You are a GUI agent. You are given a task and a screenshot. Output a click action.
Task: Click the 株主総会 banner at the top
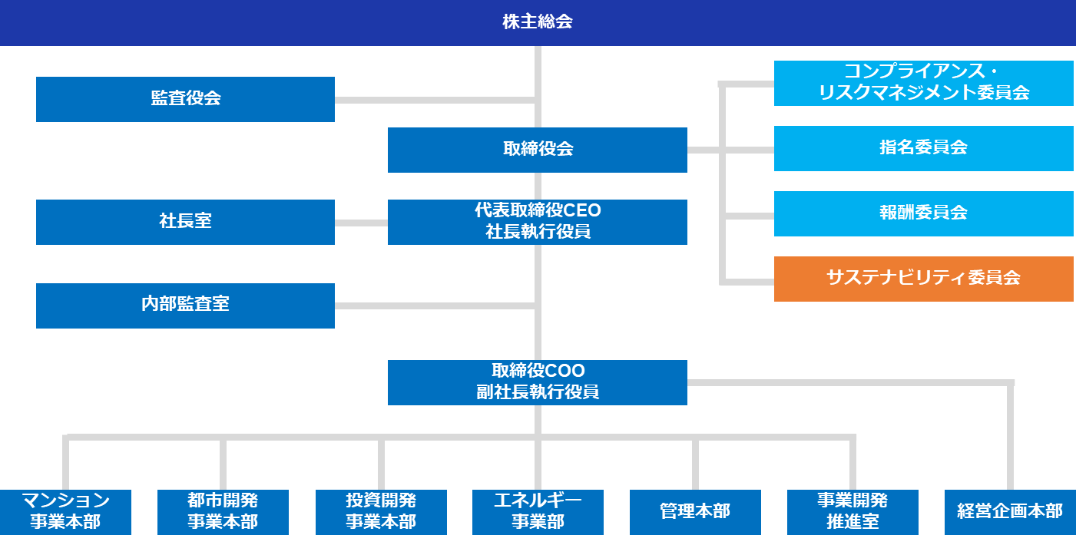(538, 22)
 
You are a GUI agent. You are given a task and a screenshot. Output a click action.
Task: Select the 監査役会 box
(185, 99)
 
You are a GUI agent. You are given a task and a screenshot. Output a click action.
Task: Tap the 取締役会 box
(538, 150)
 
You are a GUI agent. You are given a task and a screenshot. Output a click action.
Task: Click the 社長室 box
(185, 222)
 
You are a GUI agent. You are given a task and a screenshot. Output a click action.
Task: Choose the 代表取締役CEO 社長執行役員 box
(538, 222)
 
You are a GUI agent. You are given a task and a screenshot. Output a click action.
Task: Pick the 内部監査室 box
(185, 306)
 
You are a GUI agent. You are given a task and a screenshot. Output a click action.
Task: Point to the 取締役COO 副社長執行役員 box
(538, 382)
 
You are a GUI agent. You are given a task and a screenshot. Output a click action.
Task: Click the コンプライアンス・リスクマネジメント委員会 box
(923, 83)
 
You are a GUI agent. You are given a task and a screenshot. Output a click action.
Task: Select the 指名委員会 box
(923, 149)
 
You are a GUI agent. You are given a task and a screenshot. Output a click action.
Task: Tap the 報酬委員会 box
(923, 213)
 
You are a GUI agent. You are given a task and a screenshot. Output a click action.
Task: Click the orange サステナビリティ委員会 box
(923, 279)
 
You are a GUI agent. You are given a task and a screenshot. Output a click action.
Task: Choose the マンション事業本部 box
(65, 512)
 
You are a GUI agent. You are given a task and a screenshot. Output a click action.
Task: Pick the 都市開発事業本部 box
(223, 512)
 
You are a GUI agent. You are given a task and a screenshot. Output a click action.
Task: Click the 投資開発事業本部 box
(381, 512)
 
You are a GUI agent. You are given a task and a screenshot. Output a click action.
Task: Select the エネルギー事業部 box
(538, 512)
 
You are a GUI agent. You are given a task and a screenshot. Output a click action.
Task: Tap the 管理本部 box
(695, 512)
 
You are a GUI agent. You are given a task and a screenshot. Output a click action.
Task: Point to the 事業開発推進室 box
(853, 512)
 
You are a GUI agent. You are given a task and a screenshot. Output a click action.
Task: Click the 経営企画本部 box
(1010, 512)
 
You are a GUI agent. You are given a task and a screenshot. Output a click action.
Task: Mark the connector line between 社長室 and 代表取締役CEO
(361, 223)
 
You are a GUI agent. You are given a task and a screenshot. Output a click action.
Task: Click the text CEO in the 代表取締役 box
(583, 211)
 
